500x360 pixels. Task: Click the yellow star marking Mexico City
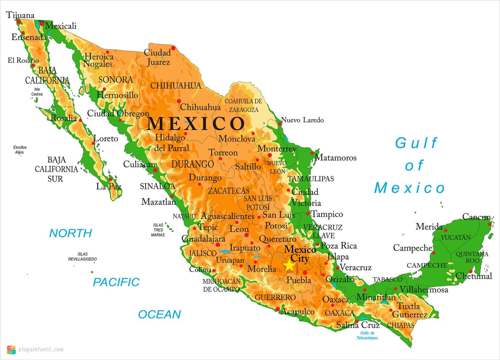point(289,265)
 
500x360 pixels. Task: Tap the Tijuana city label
point(20,15)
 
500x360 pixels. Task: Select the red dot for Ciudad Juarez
point(173,48)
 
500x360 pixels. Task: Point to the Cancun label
point(477,217)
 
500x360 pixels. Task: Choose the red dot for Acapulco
point(278,309)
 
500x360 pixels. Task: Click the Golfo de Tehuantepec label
point(367,336)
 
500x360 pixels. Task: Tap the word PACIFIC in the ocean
point(116,282)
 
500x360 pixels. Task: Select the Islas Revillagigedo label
point(82,256)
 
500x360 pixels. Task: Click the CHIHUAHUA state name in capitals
point(176,86)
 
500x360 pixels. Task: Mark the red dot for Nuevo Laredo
point(280,124)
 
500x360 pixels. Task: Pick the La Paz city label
point(109,187)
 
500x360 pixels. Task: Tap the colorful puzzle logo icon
point(11,350)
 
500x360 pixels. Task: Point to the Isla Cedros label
point(37,91)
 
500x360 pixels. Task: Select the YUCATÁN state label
point(456,238)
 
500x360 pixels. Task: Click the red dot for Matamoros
point(312,153)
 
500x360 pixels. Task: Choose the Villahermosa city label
point(424,289)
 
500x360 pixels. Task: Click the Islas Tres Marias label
point(158,230)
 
